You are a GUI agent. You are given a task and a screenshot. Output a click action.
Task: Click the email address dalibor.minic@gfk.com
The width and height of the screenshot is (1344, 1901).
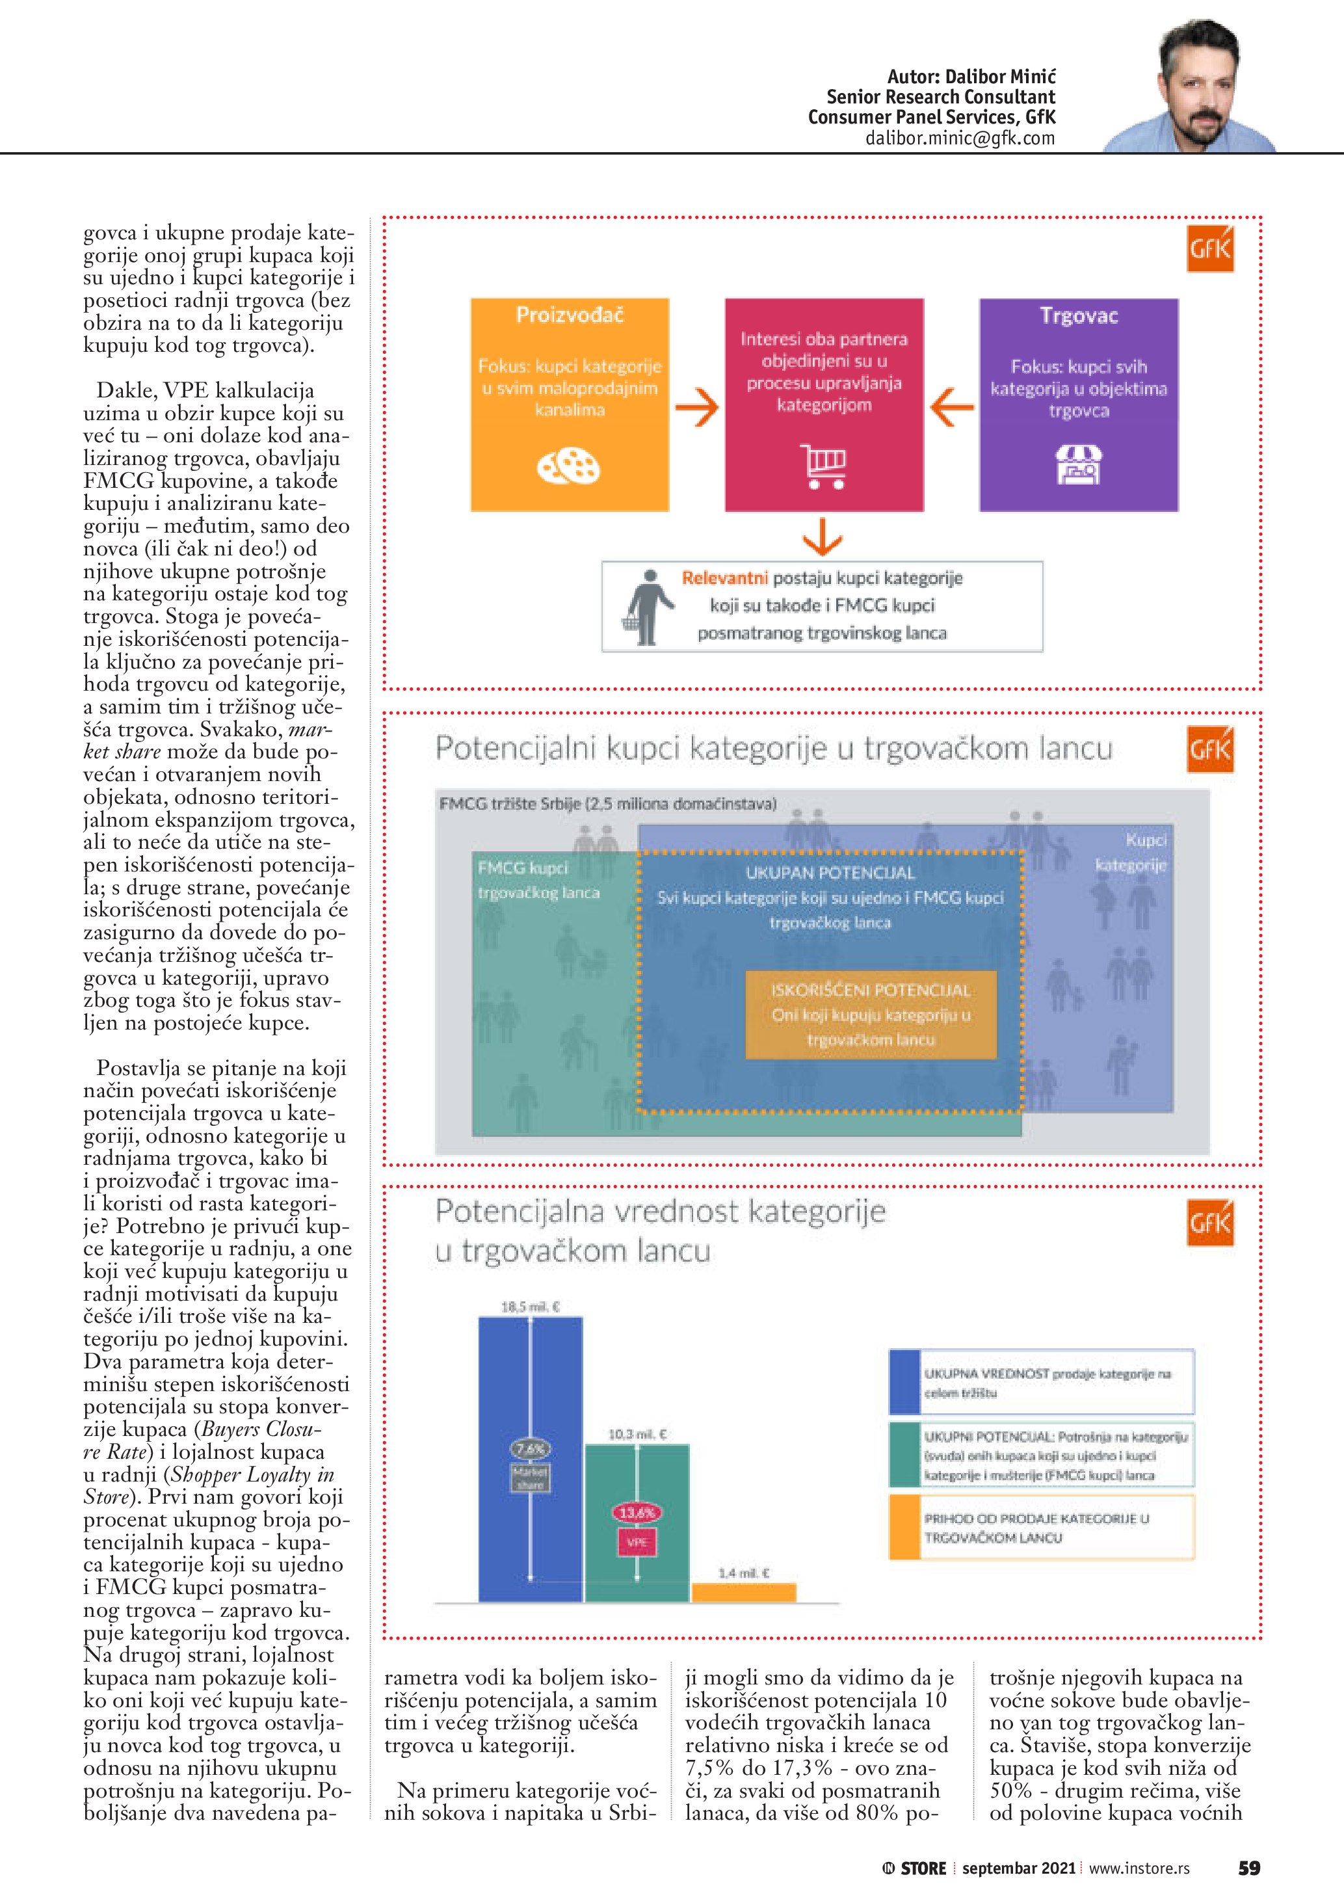pos(960,139)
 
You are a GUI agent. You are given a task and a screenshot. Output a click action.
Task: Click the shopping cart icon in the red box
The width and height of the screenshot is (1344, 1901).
pos(823,466)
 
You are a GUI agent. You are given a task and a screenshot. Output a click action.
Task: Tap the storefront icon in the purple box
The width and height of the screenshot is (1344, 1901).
pos(1078,464)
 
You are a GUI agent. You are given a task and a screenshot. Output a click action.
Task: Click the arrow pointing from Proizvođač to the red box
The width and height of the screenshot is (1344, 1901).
pos(697,407)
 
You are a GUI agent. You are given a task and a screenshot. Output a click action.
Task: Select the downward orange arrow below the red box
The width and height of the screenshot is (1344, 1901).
pos(823,537)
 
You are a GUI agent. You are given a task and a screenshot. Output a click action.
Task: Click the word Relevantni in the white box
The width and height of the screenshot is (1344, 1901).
pos(725,578)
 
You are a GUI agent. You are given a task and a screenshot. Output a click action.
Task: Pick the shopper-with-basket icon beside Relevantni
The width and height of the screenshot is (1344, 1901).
pos(644,607)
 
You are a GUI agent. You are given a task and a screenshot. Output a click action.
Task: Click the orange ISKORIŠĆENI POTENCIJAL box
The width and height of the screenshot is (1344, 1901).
pos(871,1015)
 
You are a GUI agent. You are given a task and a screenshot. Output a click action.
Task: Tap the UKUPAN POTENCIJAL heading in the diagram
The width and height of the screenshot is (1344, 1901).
pos(830,873)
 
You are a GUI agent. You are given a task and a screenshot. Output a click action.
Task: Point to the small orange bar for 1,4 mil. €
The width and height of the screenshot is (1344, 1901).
pos(743,1591)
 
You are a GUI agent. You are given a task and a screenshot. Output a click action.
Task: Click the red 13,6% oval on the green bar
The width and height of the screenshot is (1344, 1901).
pos(637,1513)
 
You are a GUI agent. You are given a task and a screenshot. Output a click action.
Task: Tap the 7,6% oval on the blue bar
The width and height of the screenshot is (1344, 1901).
pos(531,1449)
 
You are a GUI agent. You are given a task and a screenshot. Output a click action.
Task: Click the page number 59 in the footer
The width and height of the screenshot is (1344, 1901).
pos(1249,1868)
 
